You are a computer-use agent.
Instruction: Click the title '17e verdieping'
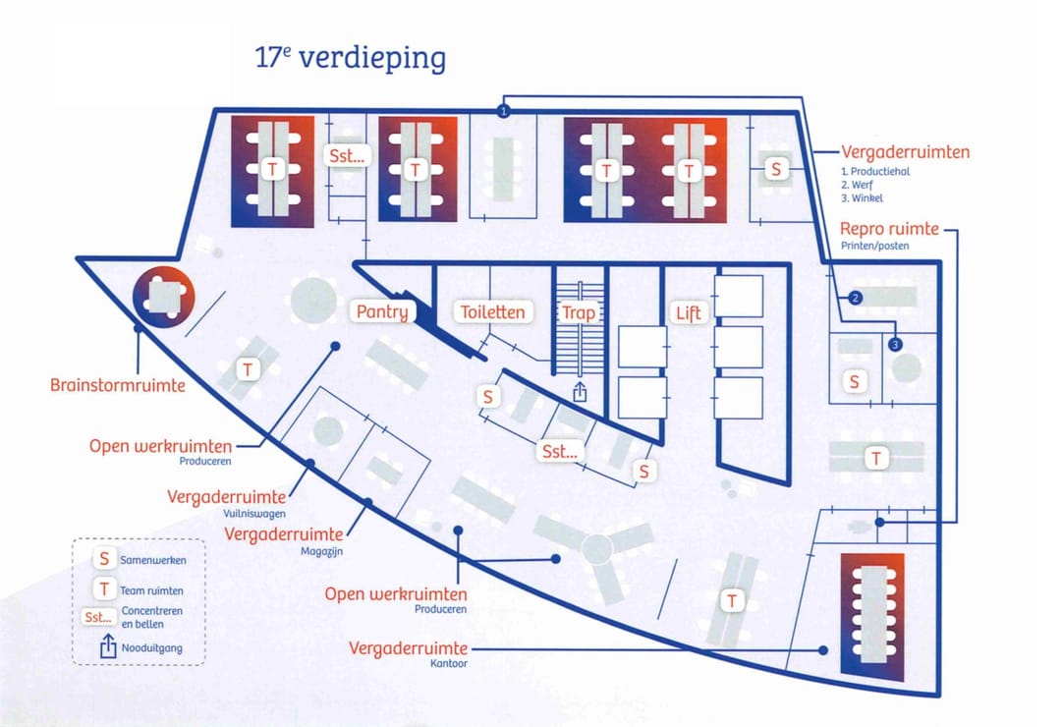click(350, 57)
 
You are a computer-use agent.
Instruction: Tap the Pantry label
click(382, 312)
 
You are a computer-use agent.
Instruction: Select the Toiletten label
click(493, 312)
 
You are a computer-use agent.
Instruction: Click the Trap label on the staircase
click(578, 313)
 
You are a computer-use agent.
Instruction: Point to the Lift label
click(688, 313)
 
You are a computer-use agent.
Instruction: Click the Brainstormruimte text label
click(118, 385)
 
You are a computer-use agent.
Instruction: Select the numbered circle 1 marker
click(504, 111)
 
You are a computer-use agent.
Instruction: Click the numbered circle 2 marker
click(855, 298)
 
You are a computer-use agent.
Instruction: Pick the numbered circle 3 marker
click(895, 344)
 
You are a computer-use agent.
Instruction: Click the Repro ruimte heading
click(889, 229)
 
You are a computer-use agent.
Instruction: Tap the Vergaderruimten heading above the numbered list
click(905, 152)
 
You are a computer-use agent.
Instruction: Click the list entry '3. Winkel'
click(863, 198)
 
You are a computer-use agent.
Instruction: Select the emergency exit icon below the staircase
click(580, 392)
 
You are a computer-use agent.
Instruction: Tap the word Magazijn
click(321, 552)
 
